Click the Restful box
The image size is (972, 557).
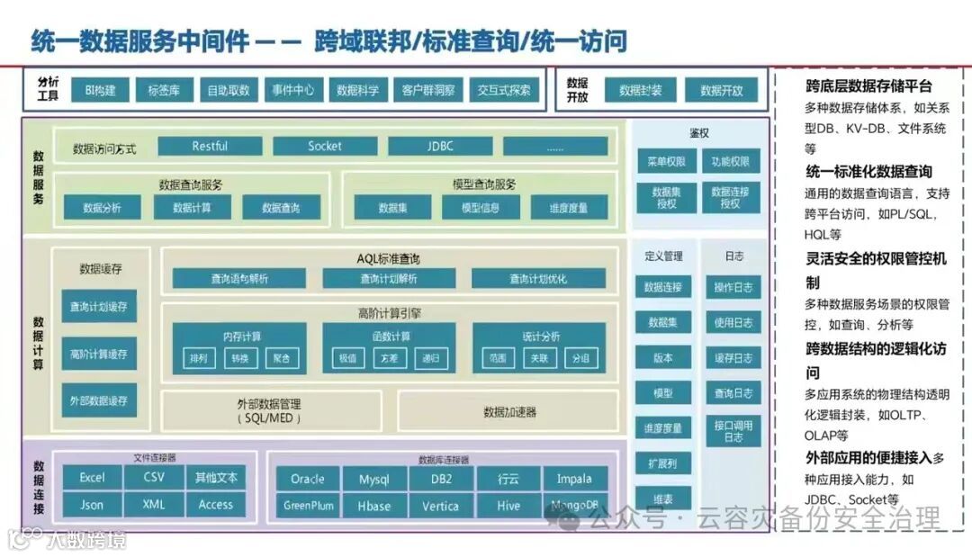point(210,146)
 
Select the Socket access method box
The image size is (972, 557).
point(325,146)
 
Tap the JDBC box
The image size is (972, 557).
point(440,146)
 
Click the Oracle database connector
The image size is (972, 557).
point(307,479)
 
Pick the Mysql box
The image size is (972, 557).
point(373,479)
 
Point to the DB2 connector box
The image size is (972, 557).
point(440,479)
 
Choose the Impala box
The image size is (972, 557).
point(574,479)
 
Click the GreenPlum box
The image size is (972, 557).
point(307,506)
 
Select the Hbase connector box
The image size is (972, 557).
point(373,506)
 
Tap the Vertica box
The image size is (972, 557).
point(440,506)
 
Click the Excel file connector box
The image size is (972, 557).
point(92,478)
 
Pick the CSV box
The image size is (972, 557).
point(154,478)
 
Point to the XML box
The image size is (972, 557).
point(154,505)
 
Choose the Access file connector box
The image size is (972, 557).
point(216,505)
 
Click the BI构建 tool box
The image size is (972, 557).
point(100,90)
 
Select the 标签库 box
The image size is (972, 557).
point(164,90)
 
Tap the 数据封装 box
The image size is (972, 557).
point(641,90)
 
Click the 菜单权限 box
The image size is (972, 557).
point(667,162)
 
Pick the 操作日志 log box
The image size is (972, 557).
point(733,288)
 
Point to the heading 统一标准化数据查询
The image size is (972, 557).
point(868,171)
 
